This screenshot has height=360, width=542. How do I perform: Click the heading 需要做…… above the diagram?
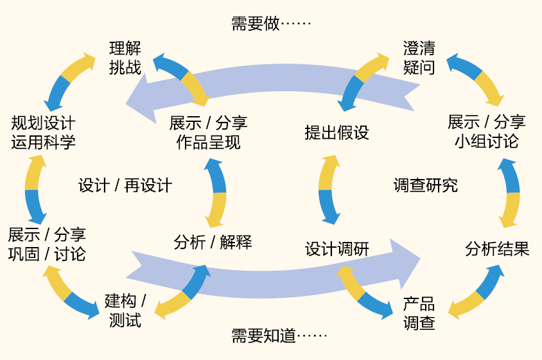pyautogui.click(x=270, y=24)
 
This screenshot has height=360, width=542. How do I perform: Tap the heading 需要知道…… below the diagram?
pyautogui.click(x=279, y=336)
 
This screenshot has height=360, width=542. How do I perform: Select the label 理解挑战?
pyautogui.click(x=125, y=58)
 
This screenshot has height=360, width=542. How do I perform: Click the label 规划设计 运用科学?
pyautogui.click(x=43, y=132)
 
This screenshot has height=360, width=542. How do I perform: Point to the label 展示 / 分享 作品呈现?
pyautogui.click(x=208, y=132)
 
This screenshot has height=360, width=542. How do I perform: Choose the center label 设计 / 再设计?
pyautogui.click(x=125, y=185)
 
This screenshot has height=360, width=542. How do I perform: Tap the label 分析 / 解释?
pyautogui.click(x=213, y=242)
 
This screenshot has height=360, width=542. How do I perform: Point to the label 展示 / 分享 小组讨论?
pyautogui.click(x=486, y=131)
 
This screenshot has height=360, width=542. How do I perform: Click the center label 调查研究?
pyautogui.click(x=425, y=185)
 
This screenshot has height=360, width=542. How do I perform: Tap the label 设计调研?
pyautogui.click(x=337, y=249)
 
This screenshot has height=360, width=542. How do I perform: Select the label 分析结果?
pyautogui.click(x=497, y=249)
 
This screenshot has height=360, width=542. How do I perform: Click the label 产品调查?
pyautogui.click(x=419, y=313)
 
